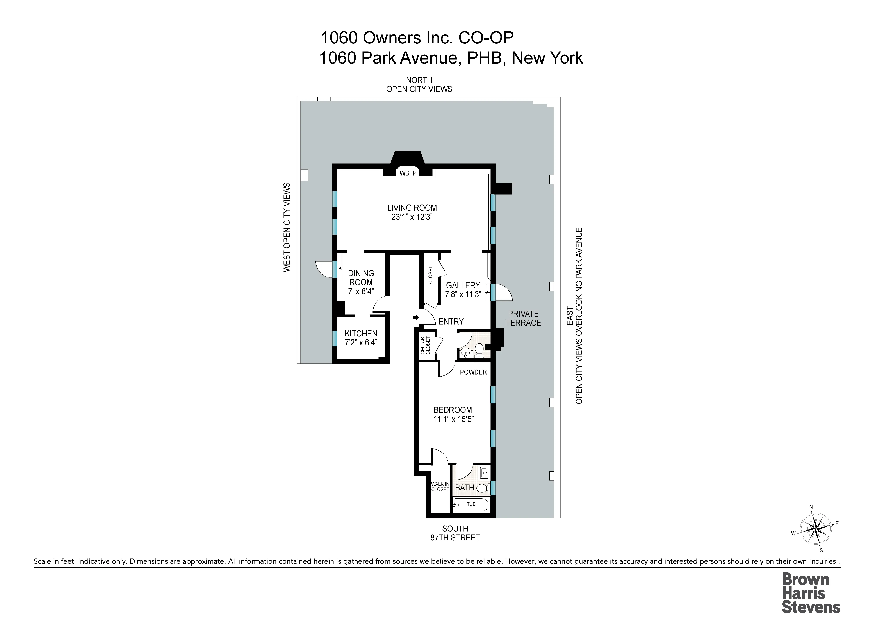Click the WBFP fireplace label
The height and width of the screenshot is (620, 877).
point(408,173)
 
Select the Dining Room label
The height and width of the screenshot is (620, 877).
point(361,278)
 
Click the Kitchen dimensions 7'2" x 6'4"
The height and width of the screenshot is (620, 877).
point(361,343)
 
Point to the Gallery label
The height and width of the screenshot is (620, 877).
point(463,285)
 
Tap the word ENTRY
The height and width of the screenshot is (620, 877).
point(451,322)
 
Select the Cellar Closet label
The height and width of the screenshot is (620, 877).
point(425,345)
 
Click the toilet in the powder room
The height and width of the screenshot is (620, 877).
point(479,348)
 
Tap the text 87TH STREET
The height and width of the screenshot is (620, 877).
point(455,538)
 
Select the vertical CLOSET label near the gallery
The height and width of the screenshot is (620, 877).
point(430,275)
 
